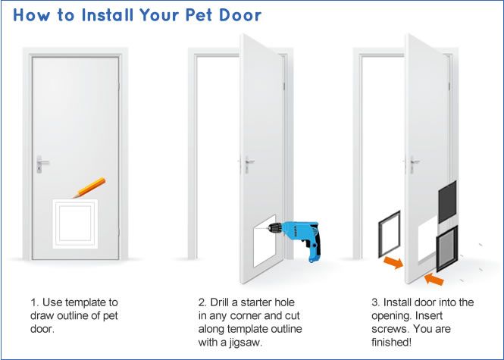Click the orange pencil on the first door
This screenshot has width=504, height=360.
90,186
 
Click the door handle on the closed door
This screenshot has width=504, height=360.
42,163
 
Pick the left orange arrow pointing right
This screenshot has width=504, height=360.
393,263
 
